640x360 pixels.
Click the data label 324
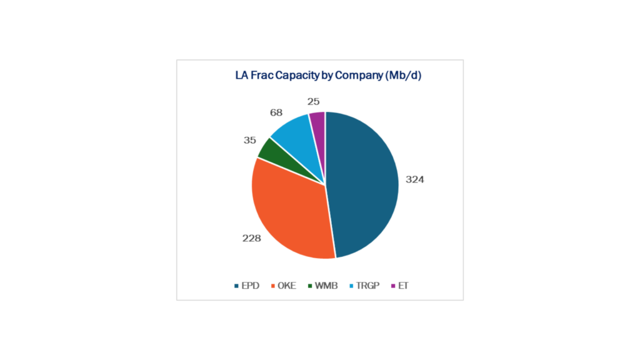414,179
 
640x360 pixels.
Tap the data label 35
250,141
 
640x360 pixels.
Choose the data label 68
276,112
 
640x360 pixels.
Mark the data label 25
314,101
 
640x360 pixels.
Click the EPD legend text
251,286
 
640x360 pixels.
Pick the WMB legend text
326,286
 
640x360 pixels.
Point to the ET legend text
403,286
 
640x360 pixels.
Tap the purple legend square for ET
393,286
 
